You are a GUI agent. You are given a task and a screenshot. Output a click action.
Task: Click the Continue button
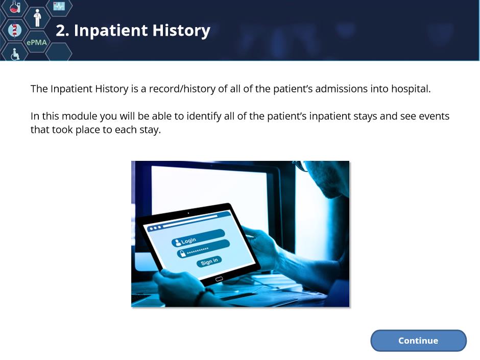click(418, 341)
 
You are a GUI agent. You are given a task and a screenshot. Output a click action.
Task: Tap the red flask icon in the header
click(14, 7)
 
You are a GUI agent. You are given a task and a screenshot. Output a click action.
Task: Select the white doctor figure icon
click(37, 18)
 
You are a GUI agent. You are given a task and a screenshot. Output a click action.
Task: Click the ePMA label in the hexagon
click(37, 42)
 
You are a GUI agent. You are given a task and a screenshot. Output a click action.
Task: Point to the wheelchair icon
click(15, 54)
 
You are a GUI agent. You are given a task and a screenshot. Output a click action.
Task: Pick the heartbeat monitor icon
click(59, 6)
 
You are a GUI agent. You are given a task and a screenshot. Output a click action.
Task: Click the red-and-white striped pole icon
click(14, 30)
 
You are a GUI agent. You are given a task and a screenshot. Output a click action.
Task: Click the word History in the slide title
click(181, 31)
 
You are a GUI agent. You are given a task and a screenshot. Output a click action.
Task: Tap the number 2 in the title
click(60, 31)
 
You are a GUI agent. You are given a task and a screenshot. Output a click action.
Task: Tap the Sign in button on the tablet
click(209, 261)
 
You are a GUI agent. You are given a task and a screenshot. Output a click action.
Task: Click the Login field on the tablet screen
click(198, 238)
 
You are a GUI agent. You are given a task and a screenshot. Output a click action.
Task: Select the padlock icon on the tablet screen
click(182, 253)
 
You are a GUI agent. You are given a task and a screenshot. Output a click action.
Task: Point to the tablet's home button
click(219, 279)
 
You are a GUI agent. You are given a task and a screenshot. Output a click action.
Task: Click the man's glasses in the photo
click(302, 166)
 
